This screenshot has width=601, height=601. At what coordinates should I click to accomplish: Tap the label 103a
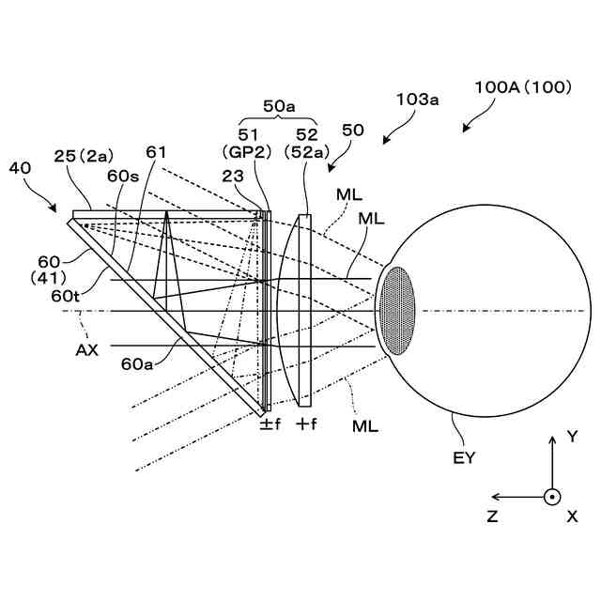(418, 98)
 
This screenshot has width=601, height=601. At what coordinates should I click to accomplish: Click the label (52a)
(305, 150)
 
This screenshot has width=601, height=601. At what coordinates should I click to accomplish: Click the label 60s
(123, 177)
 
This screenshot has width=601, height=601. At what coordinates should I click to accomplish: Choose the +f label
(306, 424)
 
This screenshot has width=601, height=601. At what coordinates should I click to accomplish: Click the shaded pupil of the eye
(397, 311)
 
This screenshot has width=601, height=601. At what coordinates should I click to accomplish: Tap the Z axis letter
(492, 516)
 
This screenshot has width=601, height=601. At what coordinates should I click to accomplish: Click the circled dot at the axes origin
(552, 496)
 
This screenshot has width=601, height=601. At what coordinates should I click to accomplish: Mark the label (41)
(46, 278)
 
